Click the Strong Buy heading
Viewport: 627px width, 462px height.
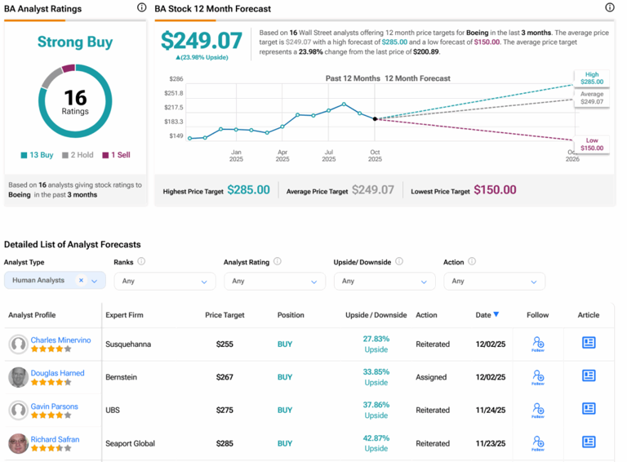click(75, 42)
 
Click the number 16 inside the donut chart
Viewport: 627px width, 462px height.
click(75, 97)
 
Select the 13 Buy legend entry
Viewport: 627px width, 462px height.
click(38, 155)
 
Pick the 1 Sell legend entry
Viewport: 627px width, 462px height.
click(116, 155)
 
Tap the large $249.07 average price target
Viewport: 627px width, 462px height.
click(202, 41)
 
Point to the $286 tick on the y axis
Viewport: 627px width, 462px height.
click(176, 79)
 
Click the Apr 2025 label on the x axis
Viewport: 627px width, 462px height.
click(282, 155)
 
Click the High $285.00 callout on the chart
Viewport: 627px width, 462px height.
click(592, 78)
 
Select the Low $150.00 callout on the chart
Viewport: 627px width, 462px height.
click(592, 144)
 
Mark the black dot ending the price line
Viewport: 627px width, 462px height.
click(376, 119)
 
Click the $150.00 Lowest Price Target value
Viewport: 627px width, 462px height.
click(495, 190)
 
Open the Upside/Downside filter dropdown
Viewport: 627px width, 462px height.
click(385, 281)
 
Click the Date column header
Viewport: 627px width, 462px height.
click(487, 315)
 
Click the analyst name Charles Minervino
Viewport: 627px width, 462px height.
click(60, 340)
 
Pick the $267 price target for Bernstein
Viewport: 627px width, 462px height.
click(225, 377)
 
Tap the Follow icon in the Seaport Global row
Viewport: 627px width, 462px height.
click(537, 443)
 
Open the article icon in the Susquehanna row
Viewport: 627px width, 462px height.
click(589, 344)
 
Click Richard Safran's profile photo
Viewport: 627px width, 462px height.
click(18, 443)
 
